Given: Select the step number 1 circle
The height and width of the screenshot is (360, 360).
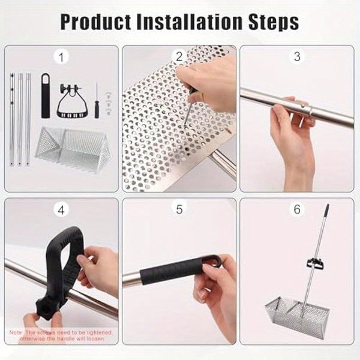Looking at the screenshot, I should [x=61, y=57].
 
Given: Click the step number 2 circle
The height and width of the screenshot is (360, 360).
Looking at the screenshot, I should [x=178, y=57].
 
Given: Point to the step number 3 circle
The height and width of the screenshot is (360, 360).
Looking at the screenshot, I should [x=296, y=57].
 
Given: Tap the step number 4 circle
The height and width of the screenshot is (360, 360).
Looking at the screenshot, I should [x=61, y=211].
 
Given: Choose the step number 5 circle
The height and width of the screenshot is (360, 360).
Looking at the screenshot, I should [x=178, y=211].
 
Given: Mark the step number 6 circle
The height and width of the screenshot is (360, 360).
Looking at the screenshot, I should [x=296, y=211].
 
